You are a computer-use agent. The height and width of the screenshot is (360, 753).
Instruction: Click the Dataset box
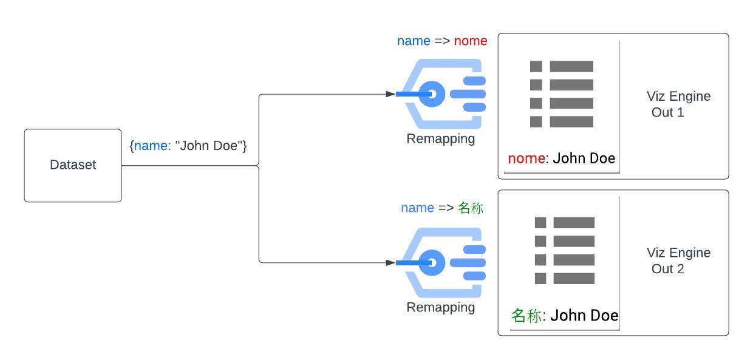pyautogui.click(x=73, y=165)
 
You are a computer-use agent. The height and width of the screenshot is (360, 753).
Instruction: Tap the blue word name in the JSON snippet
pyautogui.click(x=150, y=146)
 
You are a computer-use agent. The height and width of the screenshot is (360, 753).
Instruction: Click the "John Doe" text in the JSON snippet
pyautogui.click(x=209, y=146)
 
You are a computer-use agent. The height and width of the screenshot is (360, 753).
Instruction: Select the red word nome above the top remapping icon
pyautogui.click(x=471, y=41)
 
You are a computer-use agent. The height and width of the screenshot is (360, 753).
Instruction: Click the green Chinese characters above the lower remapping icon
pyautogui.click(x=471, y=208)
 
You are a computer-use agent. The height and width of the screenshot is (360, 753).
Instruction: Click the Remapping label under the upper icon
pyautogui.click(x=440, y=138)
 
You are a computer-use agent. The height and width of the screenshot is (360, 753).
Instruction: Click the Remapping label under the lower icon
pyautogui.click(x=440, y=307)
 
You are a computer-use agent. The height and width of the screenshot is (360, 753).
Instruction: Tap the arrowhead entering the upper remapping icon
pyautogui.click(x=390, y=94)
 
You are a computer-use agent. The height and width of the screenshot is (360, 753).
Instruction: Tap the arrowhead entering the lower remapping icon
pyautogui.click(x=390, y=263)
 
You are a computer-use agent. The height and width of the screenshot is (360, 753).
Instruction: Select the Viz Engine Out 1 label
pyautogui.click(x=678, y=104)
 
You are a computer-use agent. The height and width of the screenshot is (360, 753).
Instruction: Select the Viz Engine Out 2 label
pyautogui.click(x=678, y=260)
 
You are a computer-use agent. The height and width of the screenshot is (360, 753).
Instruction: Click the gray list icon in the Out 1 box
pyautogui.click(x=561, y=94)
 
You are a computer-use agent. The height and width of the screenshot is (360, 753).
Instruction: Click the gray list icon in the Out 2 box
pyautogui.click(x=564, y=250)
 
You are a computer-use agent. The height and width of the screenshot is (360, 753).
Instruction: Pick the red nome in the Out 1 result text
pyautogui.click(x=526, y=158)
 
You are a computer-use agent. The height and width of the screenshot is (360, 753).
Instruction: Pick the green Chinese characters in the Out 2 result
pyautogui.click(x=526, y=316)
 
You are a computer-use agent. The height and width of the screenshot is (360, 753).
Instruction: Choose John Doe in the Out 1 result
pyautogui.click(x=584, y=158)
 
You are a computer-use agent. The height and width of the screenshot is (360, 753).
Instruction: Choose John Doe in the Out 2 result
pyautogui.click(x=584, y=316)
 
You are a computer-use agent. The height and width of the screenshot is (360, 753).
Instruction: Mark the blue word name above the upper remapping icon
pyautogui.click(x=414, y=41)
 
